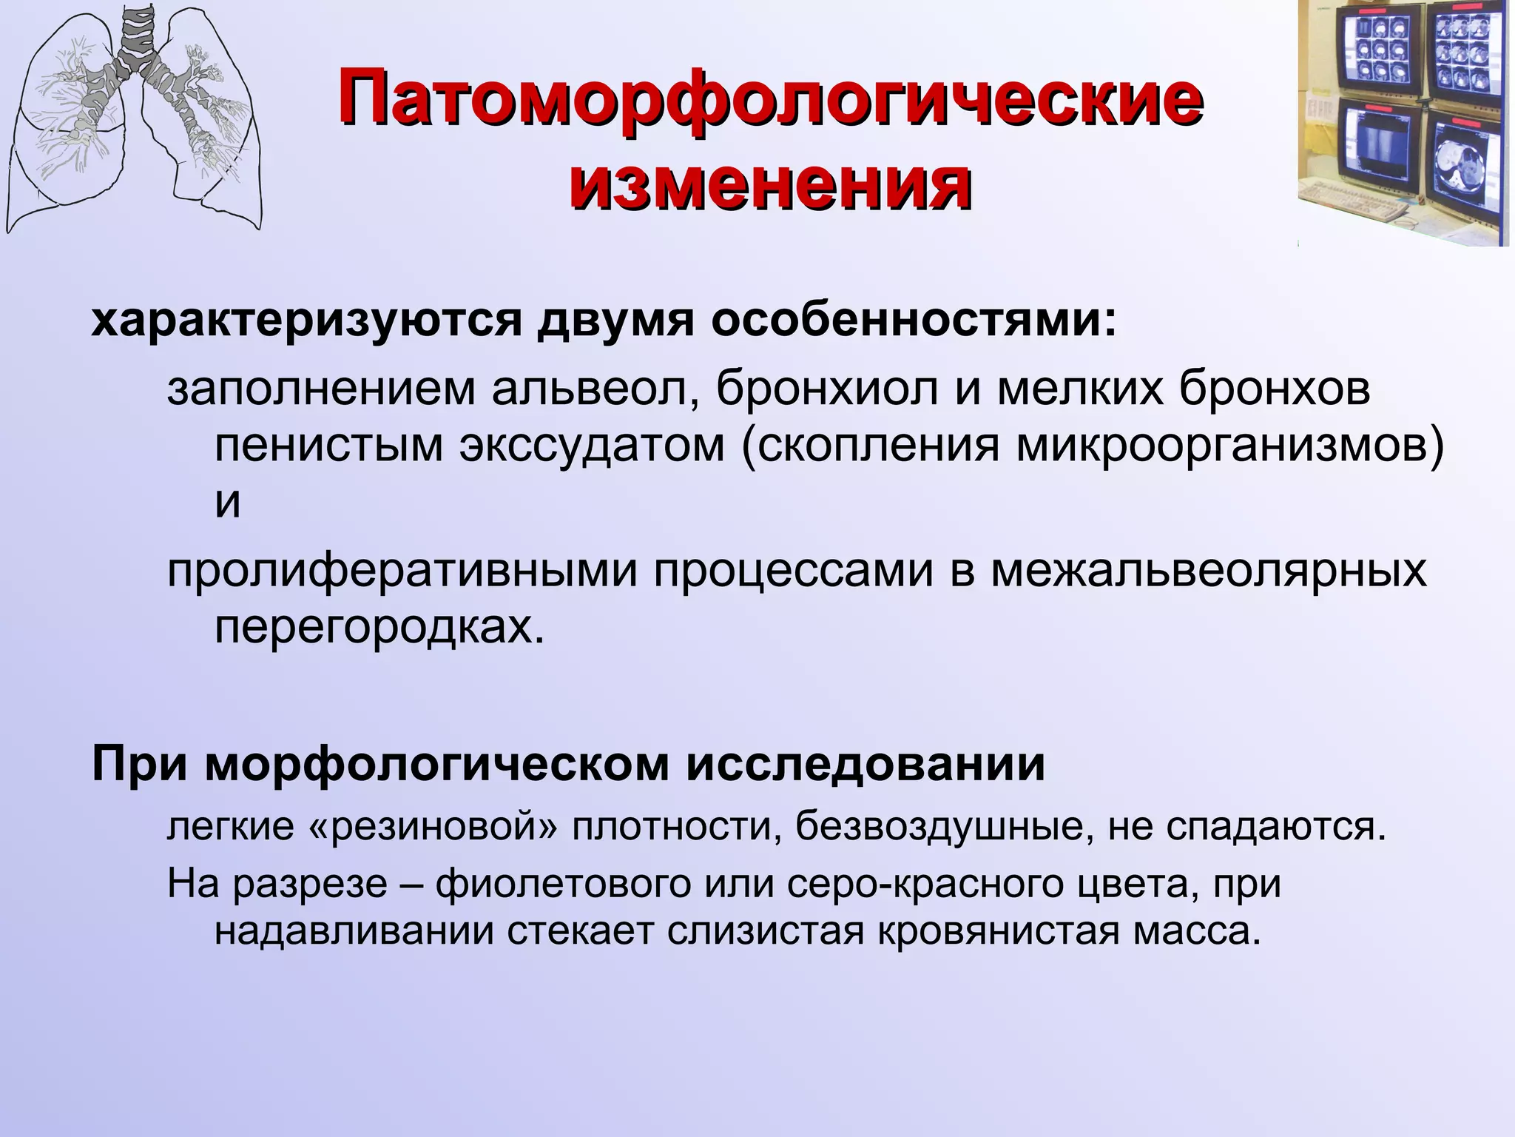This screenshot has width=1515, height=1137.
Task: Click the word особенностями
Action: point(914,321)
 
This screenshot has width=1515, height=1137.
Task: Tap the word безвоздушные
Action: point(939,827)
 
